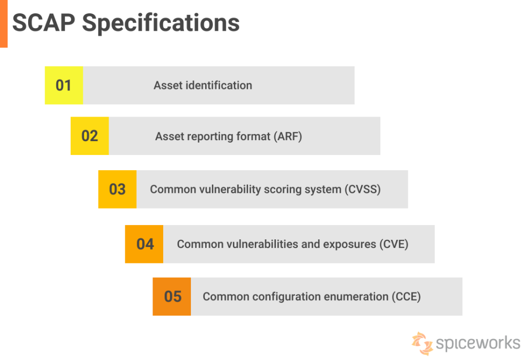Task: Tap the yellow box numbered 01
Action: coord(63,85)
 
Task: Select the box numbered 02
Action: coord(90,136)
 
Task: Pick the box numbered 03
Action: coord(117,189)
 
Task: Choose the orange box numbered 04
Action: coord(144,244)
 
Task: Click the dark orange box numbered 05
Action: coord(172,297)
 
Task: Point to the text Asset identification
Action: coord(203,85)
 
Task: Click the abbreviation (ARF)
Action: coord(287,137)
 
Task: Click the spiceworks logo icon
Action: coord(422,343)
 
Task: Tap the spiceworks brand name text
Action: coord(478,343)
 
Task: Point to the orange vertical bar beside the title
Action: coord(4,23)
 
